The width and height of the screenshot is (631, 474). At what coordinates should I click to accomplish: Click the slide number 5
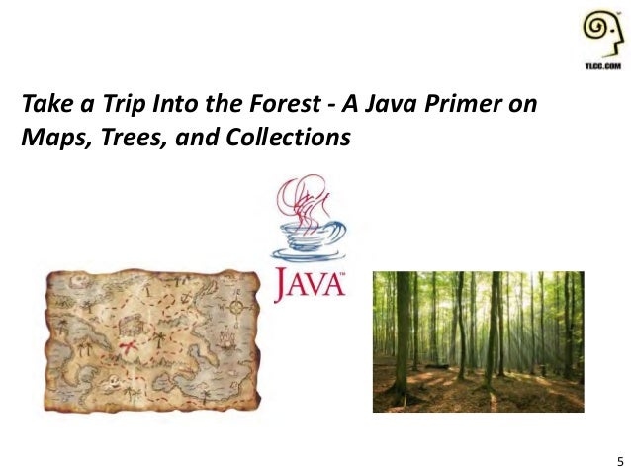(619, 461)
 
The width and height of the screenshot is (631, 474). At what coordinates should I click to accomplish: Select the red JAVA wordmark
(309, 285)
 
